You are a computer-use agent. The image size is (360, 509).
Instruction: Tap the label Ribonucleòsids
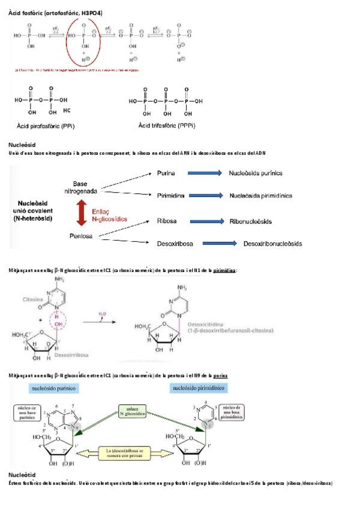[x=250, y=221]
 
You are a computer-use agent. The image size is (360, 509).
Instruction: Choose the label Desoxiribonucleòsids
[x=272, y=244]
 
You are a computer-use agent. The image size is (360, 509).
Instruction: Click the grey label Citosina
[x=37, y=298]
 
